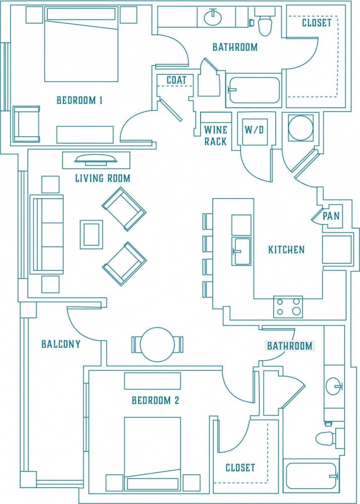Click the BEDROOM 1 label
80,100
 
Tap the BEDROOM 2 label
155,401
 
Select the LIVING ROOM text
102,178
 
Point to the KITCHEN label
286,250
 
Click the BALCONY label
61,344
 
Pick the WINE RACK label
215,135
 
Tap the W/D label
254,129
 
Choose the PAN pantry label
331,216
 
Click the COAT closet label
176,80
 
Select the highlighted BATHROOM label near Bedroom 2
289,346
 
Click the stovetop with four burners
288,307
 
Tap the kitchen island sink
241,250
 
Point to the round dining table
157,345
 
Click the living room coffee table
91,234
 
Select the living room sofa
47,235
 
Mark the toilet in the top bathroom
264,23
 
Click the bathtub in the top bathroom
253,90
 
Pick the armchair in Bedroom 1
26,124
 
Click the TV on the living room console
95,159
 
